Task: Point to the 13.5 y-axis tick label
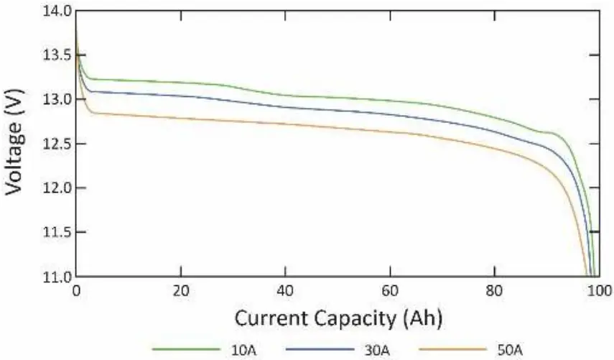[57, 55]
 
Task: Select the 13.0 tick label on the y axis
[57, 99]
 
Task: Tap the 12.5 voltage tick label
[57, 144]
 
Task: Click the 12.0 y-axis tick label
[57, 188]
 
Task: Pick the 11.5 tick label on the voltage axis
[57, 232]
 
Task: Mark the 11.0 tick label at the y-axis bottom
[57, 277]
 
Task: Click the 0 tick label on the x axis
[77, 292]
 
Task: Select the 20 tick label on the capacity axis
[181, 292]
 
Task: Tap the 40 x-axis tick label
[286, 292]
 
